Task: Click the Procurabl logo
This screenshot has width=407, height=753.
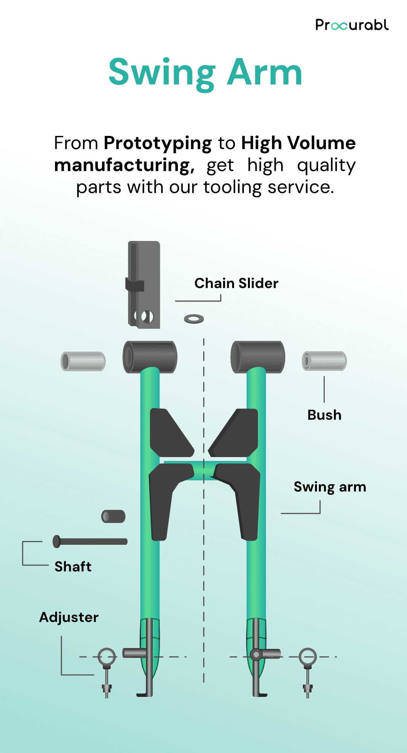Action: (x=352, y=25)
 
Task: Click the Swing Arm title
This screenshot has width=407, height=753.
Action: (x=205, y=73)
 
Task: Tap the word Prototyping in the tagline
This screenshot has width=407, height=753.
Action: (x=158, y=143)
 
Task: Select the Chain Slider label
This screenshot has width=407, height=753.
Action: (x=236, y=283)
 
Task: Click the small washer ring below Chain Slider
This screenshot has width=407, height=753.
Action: (x=194, y=319)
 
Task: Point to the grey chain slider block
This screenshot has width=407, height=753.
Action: (x=144, y=284)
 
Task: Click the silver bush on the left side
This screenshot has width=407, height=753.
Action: (x=83, y=361)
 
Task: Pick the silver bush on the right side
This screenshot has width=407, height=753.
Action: (x=324, y=361)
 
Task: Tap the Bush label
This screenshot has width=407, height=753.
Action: (x=324, y=415)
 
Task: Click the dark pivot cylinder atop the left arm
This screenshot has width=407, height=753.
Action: (x=150, y=357)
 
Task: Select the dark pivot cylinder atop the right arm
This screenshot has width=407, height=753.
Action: (x=258, y=357)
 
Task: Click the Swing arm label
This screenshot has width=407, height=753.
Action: (x=330, y=487)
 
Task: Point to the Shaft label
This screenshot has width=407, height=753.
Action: (x=73, y=567)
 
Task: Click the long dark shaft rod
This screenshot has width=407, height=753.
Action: (x=90, y=541)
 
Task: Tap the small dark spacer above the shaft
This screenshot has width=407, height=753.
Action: (x=113, y=516)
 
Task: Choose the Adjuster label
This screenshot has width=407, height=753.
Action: (x=69, y=617)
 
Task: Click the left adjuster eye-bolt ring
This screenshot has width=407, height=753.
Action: (x=107, y=656)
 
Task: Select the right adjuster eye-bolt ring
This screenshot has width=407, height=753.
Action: (x=308, y=656)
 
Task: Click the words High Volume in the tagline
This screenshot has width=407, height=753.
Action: (x=298, y=143)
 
